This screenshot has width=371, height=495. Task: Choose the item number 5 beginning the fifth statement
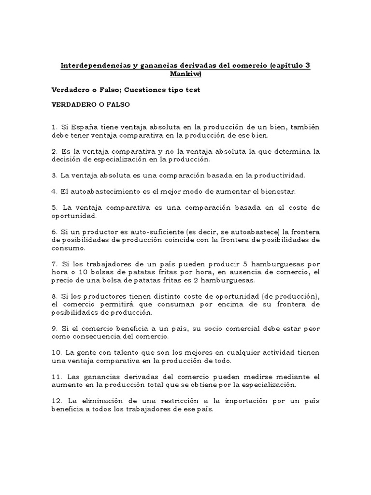click(54, 207)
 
